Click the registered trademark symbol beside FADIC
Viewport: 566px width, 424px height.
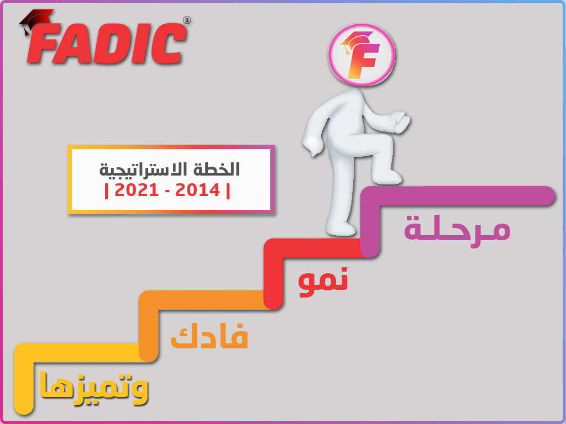pos(187,20)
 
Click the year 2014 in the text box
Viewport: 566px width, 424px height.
pos(197,190)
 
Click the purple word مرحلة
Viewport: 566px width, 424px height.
pos(457,229)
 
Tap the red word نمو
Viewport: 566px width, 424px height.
pos(323,280)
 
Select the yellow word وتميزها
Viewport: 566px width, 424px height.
pos(94,388)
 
